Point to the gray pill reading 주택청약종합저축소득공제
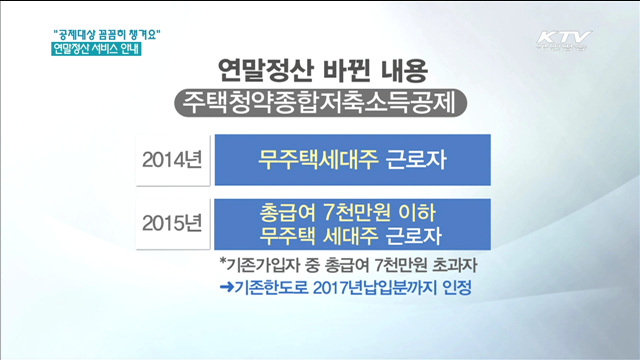[x=321, y=103]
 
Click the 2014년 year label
[x=172, y=160]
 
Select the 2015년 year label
[x=172, y=223]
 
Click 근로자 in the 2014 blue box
[x=410, y=160]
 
